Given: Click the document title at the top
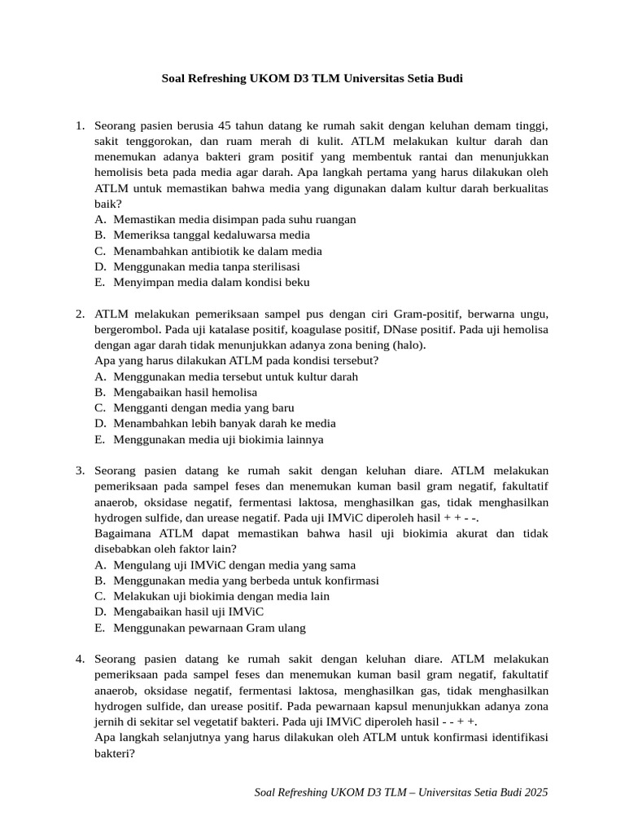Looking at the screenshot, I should pyautogui.click(x=312, y=79).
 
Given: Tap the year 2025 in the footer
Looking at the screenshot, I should pyautogui.click(x=534, y=791).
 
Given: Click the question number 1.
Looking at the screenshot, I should pyautogui.click(x=80, y=125).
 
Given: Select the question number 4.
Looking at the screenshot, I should pyautogui.click(x=80, y=659).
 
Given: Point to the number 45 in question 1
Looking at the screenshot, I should pyautogui.click(x=227, y=125).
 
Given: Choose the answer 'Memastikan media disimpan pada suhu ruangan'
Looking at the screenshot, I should pyautogui.click(x=234, y=219).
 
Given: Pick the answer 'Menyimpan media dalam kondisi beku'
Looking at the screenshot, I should pyautogui.click(x=212, y=283).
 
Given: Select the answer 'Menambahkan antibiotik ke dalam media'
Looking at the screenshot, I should pyautogui.click(x=217, y=251).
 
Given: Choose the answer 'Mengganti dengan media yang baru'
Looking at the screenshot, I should pyautogui.click(x=203, y=408).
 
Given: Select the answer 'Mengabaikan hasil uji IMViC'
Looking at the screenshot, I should pyautogui.click(x=195, y=612).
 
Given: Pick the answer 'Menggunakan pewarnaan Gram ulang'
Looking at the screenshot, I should pyautogui.click(x=209, y=628).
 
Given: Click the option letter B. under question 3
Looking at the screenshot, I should pyautogui.click(x=100, y=581).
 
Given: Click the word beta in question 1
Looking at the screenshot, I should pyautogui.click(x=167, y=173).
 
